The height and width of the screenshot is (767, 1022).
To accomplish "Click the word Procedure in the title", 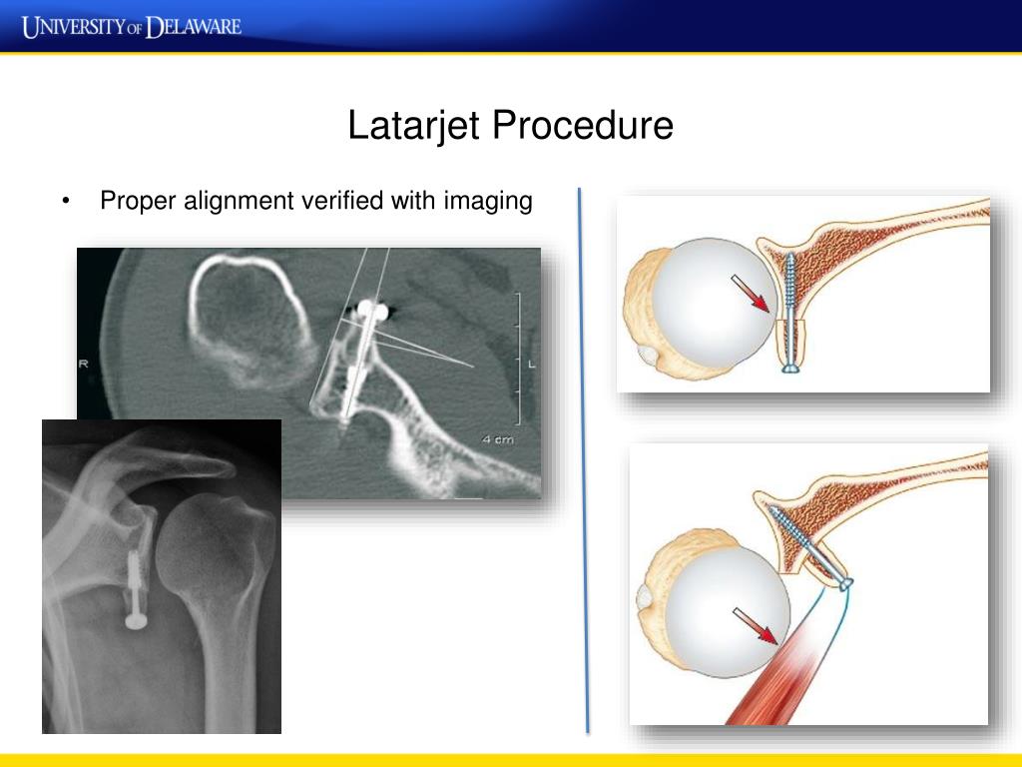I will point(581,127).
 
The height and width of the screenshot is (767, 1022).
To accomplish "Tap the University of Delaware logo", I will point(132,25).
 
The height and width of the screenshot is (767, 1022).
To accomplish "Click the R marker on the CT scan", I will point(84,365).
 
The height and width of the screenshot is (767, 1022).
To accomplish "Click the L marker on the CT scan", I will point(531,365).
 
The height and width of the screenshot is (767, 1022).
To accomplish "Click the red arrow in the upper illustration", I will point(753,295).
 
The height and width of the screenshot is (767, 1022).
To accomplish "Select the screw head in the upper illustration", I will point(791,370).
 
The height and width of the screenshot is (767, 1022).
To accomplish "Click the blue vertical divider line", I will point(583,459).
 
